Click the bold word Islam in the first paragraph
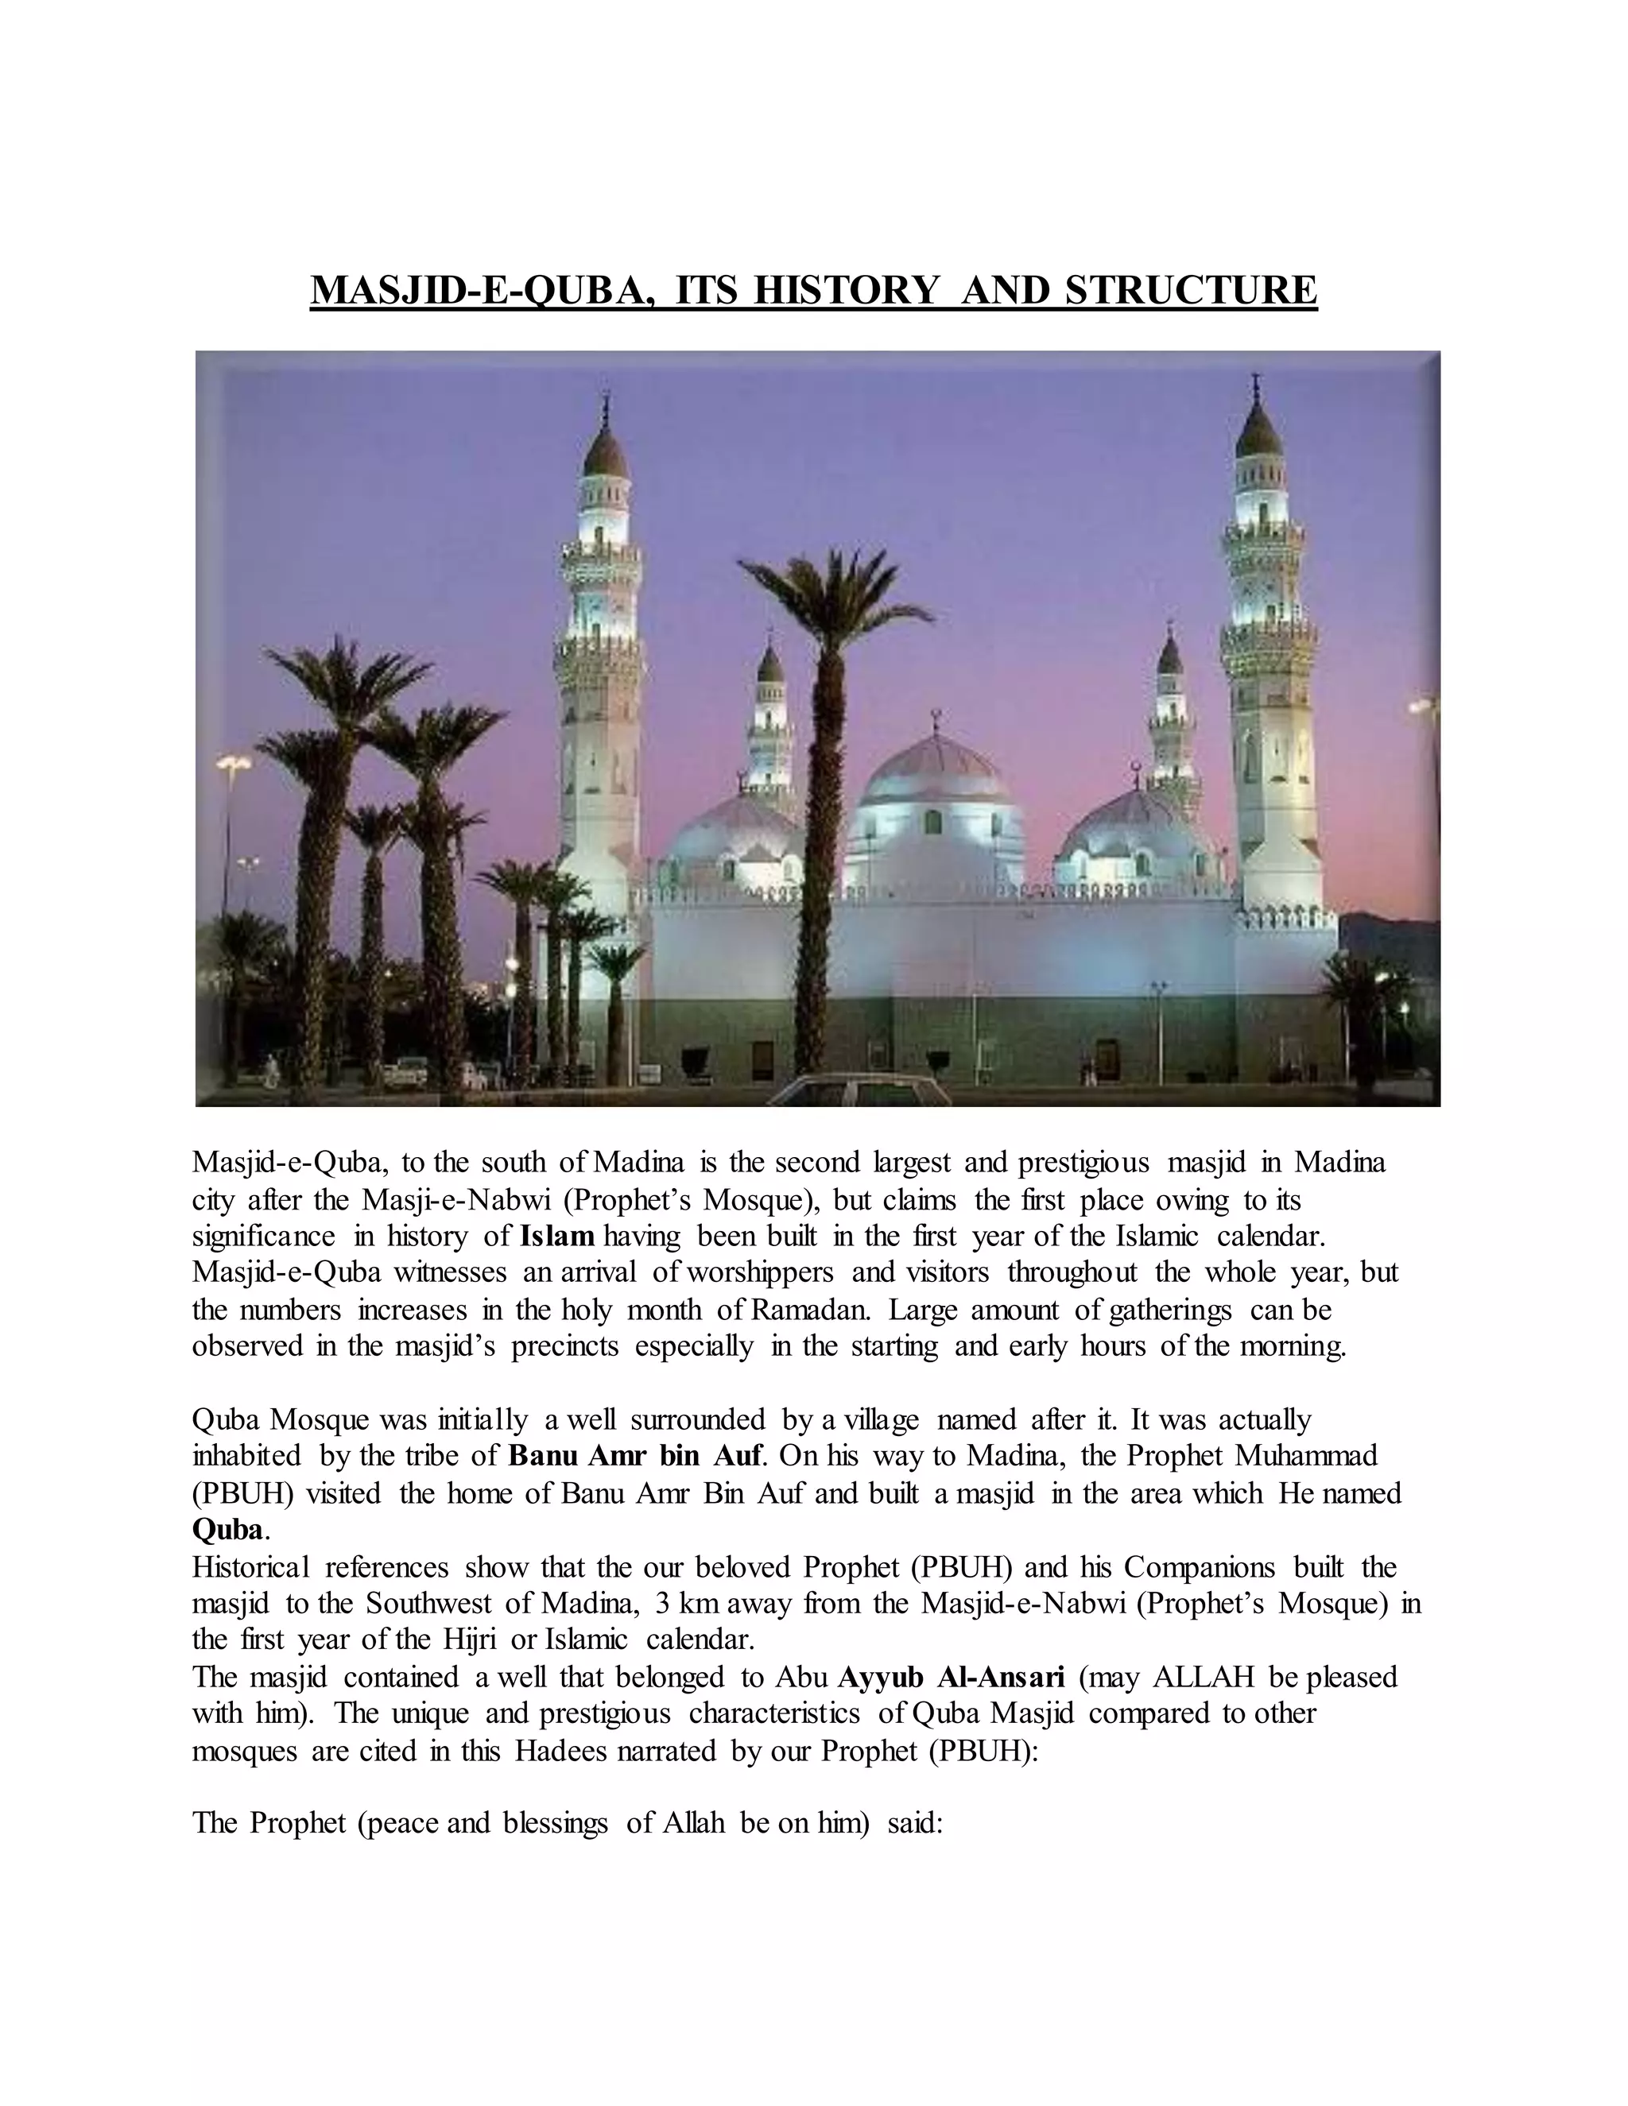coord(557,1237)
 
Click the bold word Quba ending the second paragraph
coord(227,1529)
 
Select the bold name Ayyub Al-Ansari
coord(951,1677)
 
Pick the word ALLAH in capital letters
coord(1203,1677)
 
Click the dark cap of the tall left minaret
coord(606,451)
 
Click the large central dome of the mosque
coord(933,772)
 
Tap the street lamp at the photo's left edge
coord(234,765)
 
